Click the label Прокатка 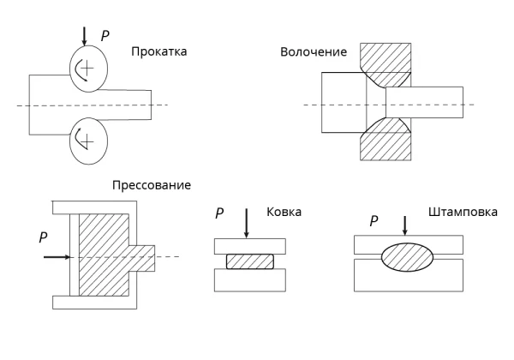(x=159, y=52)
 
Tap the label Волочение (x=314, y=52)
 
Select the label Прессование (x=152, y=186)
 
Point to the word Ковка (x=284, y=212)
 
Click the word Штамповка (x=463, y=212)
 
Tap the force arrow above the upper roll (x=84, y=36)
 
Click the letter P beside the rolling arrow (x=105, y=36)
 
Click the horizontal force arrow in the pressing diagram (x=57, y=257)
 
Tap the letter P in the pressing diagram (x=43, y=237)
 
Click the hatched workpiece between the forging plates (x=250, y=261)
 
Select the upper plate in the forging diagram (x=250, y=246)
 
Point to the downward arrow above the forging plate (x=246, y=223)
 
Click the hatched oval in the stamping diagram (x=408, y=257)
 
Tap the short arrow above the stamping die (x=405, y=225)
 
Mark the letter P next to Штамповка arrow (x=374, y=221)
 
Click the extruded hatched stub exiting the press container (x=141, y=258)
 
